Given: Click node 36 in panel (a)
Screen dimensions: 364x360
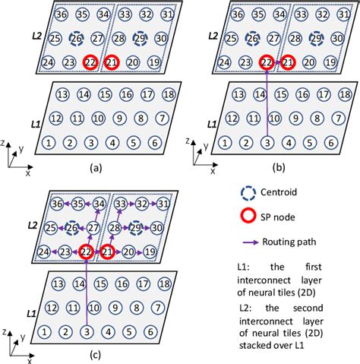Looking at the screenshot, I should click(62, 14).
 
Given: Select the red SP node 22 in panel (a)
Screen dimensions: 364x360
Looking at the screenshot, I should click(90, 62).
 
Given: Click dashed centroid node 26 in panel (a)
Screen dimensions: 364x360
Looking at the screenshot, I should click(76, 38).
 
